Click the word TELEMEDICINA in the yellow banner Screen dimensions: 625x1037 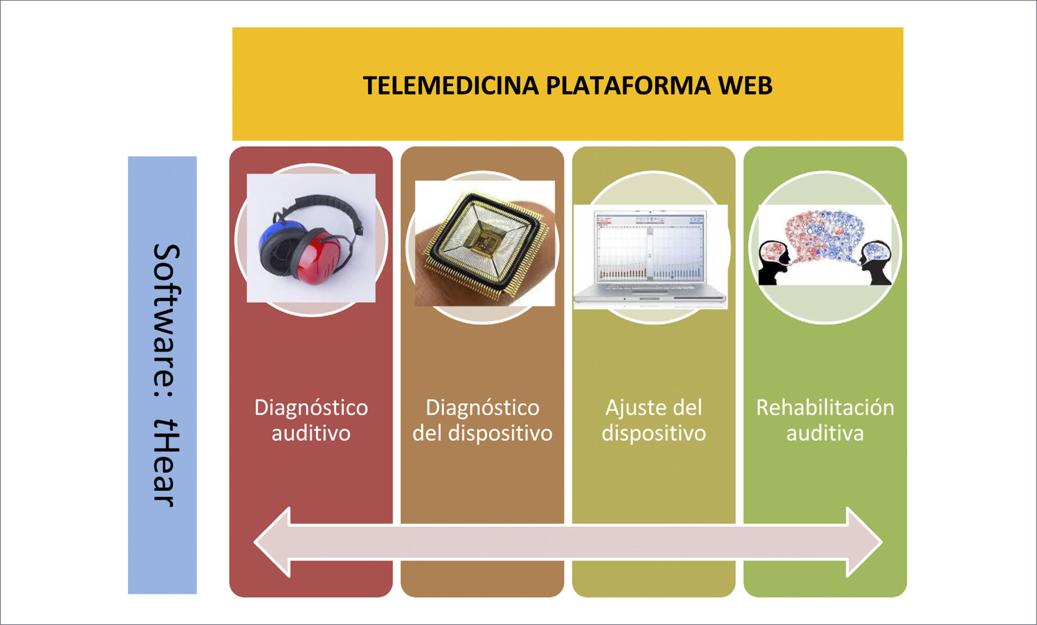(451, 86)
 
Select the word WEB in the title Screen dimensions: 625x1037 (745, 86)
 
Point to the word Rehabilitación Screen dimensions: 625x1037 (825, 407)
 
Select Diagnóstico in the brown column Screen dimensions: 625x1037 (482, 407)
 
